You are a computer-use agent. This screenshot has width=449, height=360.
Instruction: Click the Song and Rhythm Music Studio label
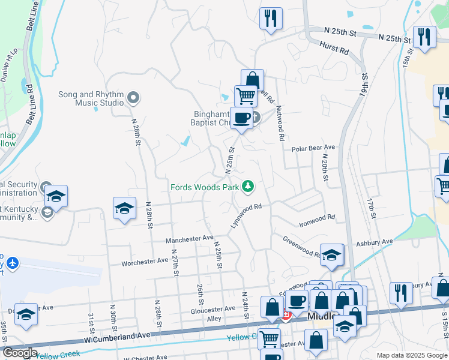92,98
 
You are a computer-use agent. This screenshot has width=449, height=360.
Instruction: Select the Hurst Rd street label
334,49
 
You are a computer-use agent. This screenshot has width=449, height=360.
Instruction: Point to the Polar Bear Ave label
313,148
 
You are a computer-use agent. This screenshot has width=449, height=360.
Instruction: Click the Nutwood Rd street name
280,123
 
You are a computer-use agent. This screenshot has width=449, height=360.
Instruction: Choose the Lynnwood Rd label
247,216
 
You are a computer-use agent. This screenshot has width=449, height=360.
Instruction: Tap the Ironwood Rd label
317,221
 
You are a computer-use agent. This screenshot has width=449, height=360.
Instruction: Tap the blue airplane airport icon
13,263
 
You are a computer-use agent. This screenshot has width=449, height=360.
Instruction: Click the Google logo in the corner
19,353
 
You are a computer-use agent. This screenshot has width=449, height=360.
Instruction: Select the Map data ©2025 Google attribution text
411,355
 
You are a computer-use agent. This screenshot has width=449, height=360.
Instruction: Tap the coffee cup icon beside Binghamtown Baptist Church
242,118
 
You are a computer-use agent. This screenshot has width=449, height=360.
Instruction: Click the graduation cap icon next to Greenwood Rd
331,255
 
